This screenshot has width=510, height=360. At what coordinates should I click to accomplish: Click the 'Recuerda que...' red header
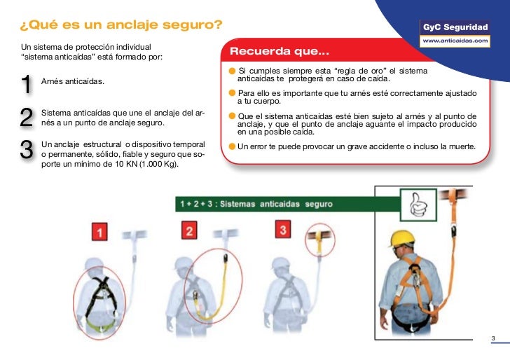click(x=279, y=52)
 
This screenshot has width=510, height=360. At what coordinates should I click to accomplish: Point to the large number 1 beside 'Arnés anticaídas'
click(x=26, y=84)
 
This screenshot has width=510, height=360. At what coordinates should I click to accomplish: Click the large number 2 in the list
click(x=27, y=117)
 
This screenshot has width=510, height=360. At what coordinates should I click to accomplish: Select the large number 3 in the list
click(x=27, y=151)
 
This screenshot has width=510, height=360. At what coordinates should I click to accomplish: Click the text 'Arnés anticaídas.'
click(x=73, y=83)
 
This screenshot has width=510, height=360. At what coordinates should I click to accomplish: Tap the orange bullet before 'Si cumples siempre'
click(x=232, y=72)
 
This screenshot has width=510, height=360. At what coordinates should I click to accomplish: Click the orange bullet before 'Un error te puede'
click(x=232, y=147)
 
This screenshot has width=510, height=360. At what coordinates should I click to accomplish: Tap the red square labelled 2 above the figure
click(x=190, y=230)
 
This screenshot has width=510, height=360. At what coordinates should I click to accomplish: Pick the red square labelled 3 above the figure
click(x=282, y=229)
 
